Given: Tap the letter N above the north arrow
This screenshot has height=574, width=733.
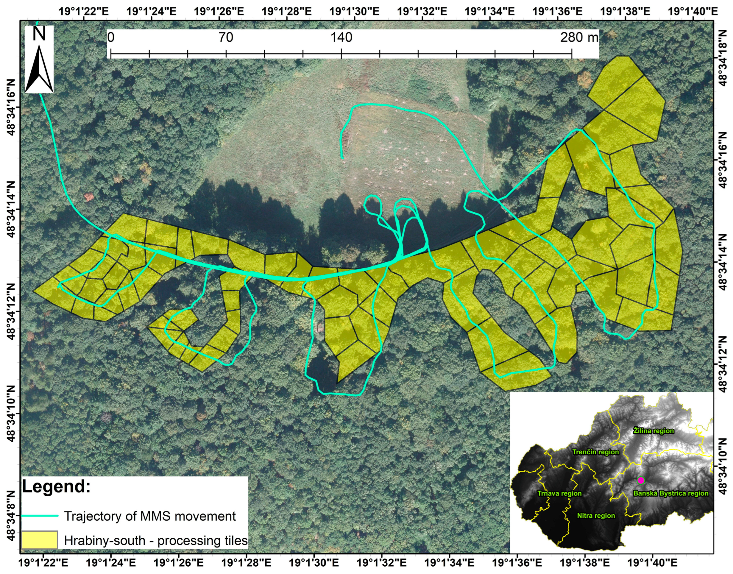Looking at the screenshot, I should [39, 35].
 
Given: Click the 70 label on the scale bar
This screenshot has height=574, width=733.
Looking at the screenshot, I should [226, 37].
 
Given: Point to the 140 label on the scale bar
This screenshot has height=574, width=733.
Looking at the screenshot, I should [341, 37].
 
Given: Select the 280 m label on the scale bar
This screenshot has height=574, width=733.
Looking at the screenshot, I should [579, 37].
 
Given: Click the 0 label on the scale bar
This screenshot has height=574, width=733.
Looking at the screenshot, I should [111, 37].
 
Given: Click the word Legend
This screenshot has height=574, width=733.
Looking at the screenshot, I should [56, 487].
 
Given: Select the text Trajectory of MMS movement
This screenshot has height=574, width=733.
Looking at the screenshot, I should [150, 516].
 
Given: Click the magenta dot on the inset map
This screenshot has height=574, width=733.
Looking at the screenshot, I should [641, 480].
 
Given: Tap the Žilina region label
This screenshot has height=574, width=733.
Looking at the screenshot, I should [653, 430].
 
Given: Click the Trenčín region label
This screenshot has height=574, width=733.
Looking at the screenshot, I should [595, 452].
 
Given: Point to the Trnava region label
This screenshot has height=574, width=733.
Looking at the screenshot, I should [559, 493].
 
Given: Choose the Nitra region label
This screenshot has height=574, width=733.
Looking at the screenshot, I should [596, 515].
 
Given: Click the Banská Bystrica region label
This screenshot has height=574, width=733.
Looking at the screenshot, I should [670, 493].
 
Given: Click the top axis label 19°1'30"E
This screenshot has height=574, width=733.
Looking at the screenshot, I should [354, 11].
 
